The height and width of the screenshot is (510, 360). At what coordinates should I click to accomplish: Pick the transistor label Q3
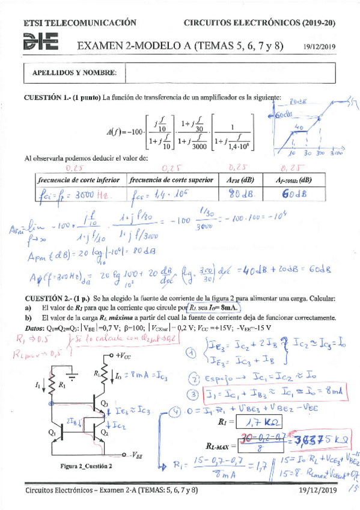tap(121, 402)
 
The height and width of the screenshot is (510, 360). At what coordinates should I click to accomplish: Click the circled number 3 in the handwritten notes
tap(192, 395)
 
